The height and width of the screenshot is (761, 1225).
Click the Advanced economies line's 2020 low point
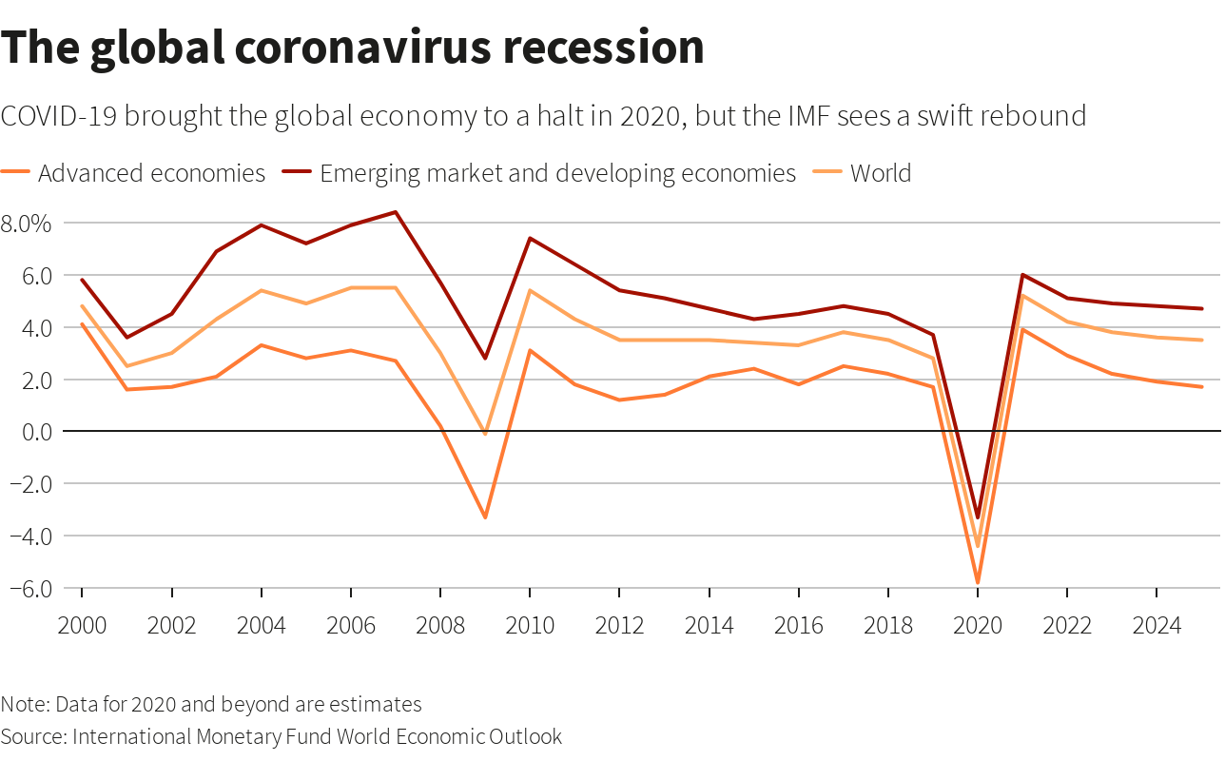pyautogui.click(x=977, y=582)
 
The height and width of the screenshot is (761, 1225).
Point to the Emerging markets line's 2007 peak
pyautogui.click(x=396, y=212)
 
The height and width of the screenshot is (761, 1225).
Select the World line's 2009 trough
pyautogui.click(x=485, y=434)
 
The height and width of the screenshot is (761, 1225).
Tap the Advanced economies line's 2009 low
pyautogui.click(x=485, y=517)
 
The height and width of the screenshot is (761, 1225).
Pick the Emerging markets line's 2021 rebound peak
pyautogui.click(x=1021, y=275)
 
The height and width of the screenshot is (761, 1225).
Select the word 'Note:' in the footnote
pyautogui.click(x=26, y=705)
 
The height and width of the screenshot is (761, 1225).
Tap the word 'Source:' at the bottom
pyautogui.click(x=33, y=736)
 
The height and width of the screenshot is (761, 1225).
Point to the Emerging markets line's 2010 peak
pyautogui.click(x=530, y=238)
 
